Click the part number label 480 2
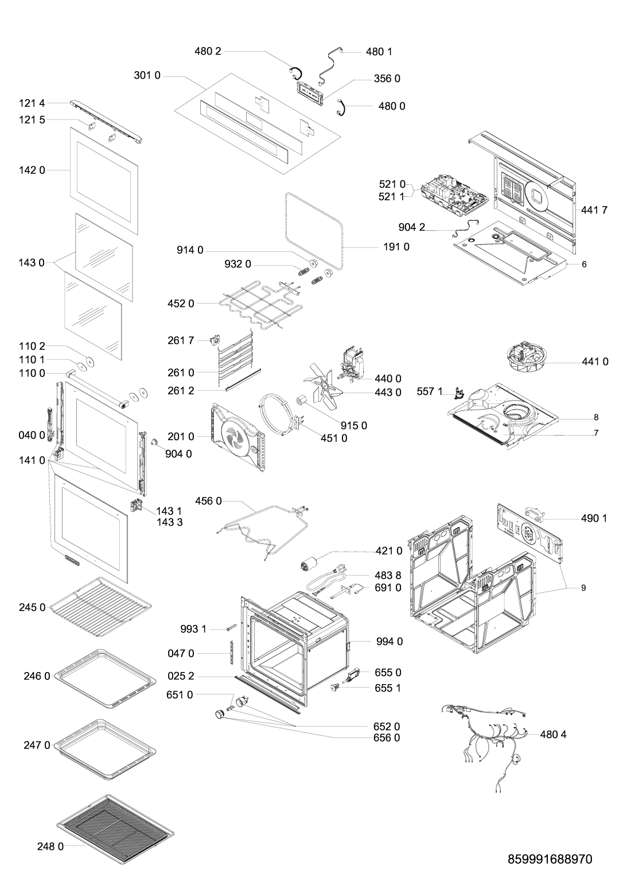tap(208, 51)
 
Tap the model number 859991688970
tap(550, 859)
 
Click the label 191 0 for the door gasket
tap(396, 247)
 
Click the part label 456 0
tap(208, 501)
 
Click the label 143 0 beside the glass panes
tap(32, 263)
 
